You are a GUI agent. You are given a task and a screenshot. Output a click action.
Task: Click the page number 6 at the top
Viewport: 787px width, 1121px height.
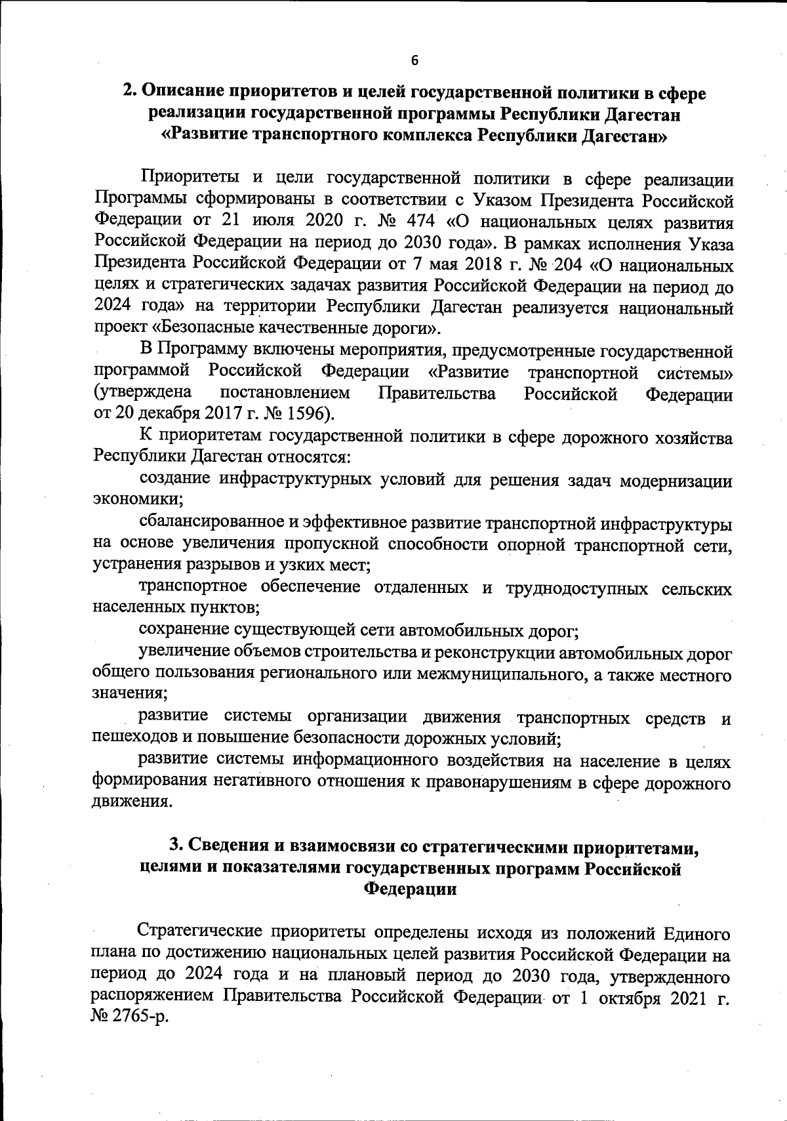click(414, 60)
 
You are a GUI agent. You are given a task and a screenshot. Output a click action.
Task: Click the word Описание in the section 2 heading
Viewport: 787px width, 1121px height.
click(185, 93)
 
